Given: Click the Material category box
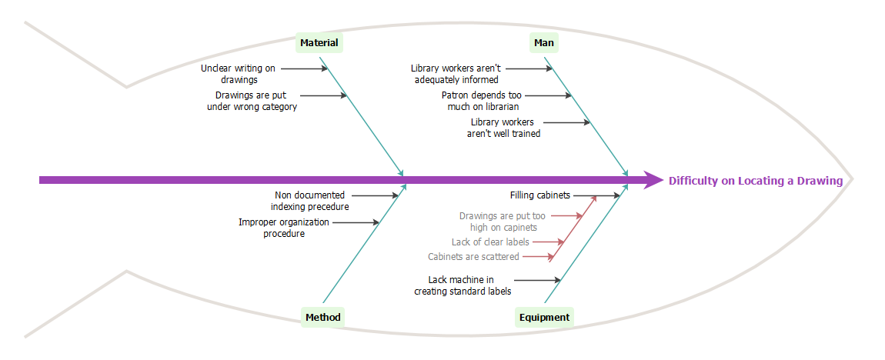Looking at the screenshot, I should (319, 43).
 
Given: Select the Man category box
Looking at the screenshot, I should (544, 43).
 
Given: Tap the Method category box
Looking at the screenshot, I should (322, 317).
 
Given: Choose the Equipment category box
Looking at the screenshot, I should (544, 317).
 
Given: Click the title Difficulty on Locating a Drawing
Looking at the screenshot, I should (755, 181).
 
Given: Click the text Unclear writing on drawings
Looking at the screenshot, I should (239, 74).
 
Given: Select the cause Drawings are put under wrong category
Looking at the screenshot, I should (252, 101).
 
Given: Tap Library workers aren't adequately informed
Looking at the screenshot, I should (456, 74).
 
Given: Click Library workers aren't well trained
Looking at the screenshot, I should (503, 128).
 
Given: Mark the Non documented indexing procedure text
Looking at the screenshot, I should (309, 201).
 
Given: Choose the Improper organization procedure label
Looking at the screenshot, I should (284, 228).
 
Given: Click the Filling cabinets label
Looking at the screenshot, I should (540, 195).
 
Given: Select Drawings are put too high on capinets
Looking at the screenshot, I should (503, 222).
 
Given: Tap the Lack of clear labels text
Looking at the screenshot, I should (490, 242).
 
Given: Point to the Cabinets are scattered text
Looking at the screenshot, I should (473, 257).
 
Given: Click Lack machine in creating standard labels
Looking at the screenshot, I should (462, 285).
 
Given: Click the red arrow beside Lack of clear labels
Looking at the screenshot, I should (547, 242).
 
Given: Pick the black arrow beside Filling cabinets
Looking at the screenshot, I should (596, 195).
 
